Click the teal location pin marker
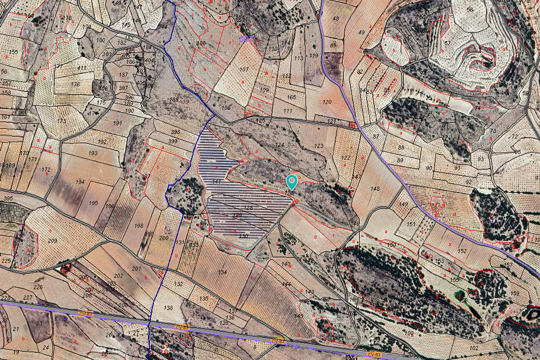tap(292, 181)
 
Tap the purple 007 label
tap(246, 39)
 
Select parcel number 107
tap(244, 69)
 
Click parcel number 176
tap(76, 85)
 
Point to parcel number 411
tap(82, 68)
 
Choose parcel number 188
tap(174, 99)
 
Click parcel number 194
tap(80, 182)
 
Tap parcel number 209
tap(53, 241)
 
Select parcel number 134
tap(222, 272)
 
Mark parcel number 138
tap(168, 308)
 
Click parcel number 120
tap(327, 102)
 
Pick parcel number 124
tap(280, 145)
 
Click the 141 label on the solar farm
tap(216, 181)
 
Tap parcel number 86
tap(333, 67)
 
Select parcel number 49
tap(361, 32)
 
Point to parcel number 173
tap(62, 121)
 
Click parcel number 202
tap(118, 275)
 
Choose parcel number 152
tap(462, 251)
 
